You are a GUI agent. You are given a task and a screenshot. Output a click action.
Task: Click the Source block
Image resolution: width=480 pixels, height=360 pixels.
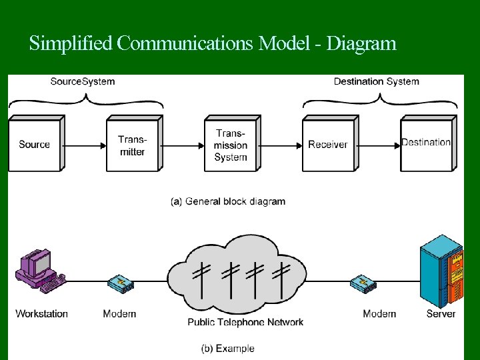[35, 144]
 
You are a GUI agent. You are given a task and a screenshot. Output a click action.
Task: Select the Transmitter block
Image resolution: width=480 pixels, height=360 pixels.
[132, 145]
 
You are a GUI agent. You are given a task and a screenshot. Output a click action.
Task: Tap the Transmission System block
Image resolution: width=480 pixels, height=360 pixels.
[231, 145]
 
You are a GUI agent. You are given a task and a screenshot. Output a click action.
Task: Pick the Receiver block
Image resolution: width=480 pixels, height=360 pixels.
[327, 145]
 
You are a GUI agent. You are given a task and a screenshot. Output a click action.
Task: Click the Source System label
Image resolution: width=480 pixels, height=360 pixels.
[83, 81]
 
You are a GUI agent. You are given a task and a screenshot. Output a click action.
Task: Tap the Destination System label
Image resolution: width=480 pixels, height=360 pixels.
[376, 81]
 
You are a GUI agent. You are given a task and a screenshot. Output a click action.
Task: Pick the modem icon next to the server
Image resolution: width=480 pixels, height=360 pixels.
[364, 284]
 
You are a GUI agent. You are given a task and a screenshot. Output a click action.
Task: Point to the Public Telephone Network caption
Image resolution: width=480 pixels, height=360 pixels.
[245, 322]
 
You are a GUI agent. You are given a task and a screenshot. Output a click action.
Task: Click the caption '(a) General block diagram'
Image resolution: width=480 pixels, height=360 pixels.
[228, 201]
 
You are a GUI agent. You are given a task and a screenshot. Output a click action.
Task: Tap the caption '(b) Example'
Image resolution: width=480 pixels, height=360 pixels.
[228, 348]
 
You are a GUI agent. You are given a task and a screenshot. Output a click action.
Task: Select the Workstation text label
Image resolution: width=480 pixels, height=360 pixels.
[41, 313]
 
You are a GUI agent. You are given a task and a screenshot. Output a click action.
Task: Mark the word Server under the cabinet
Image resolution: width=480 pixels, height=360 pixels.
[441, 313]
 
